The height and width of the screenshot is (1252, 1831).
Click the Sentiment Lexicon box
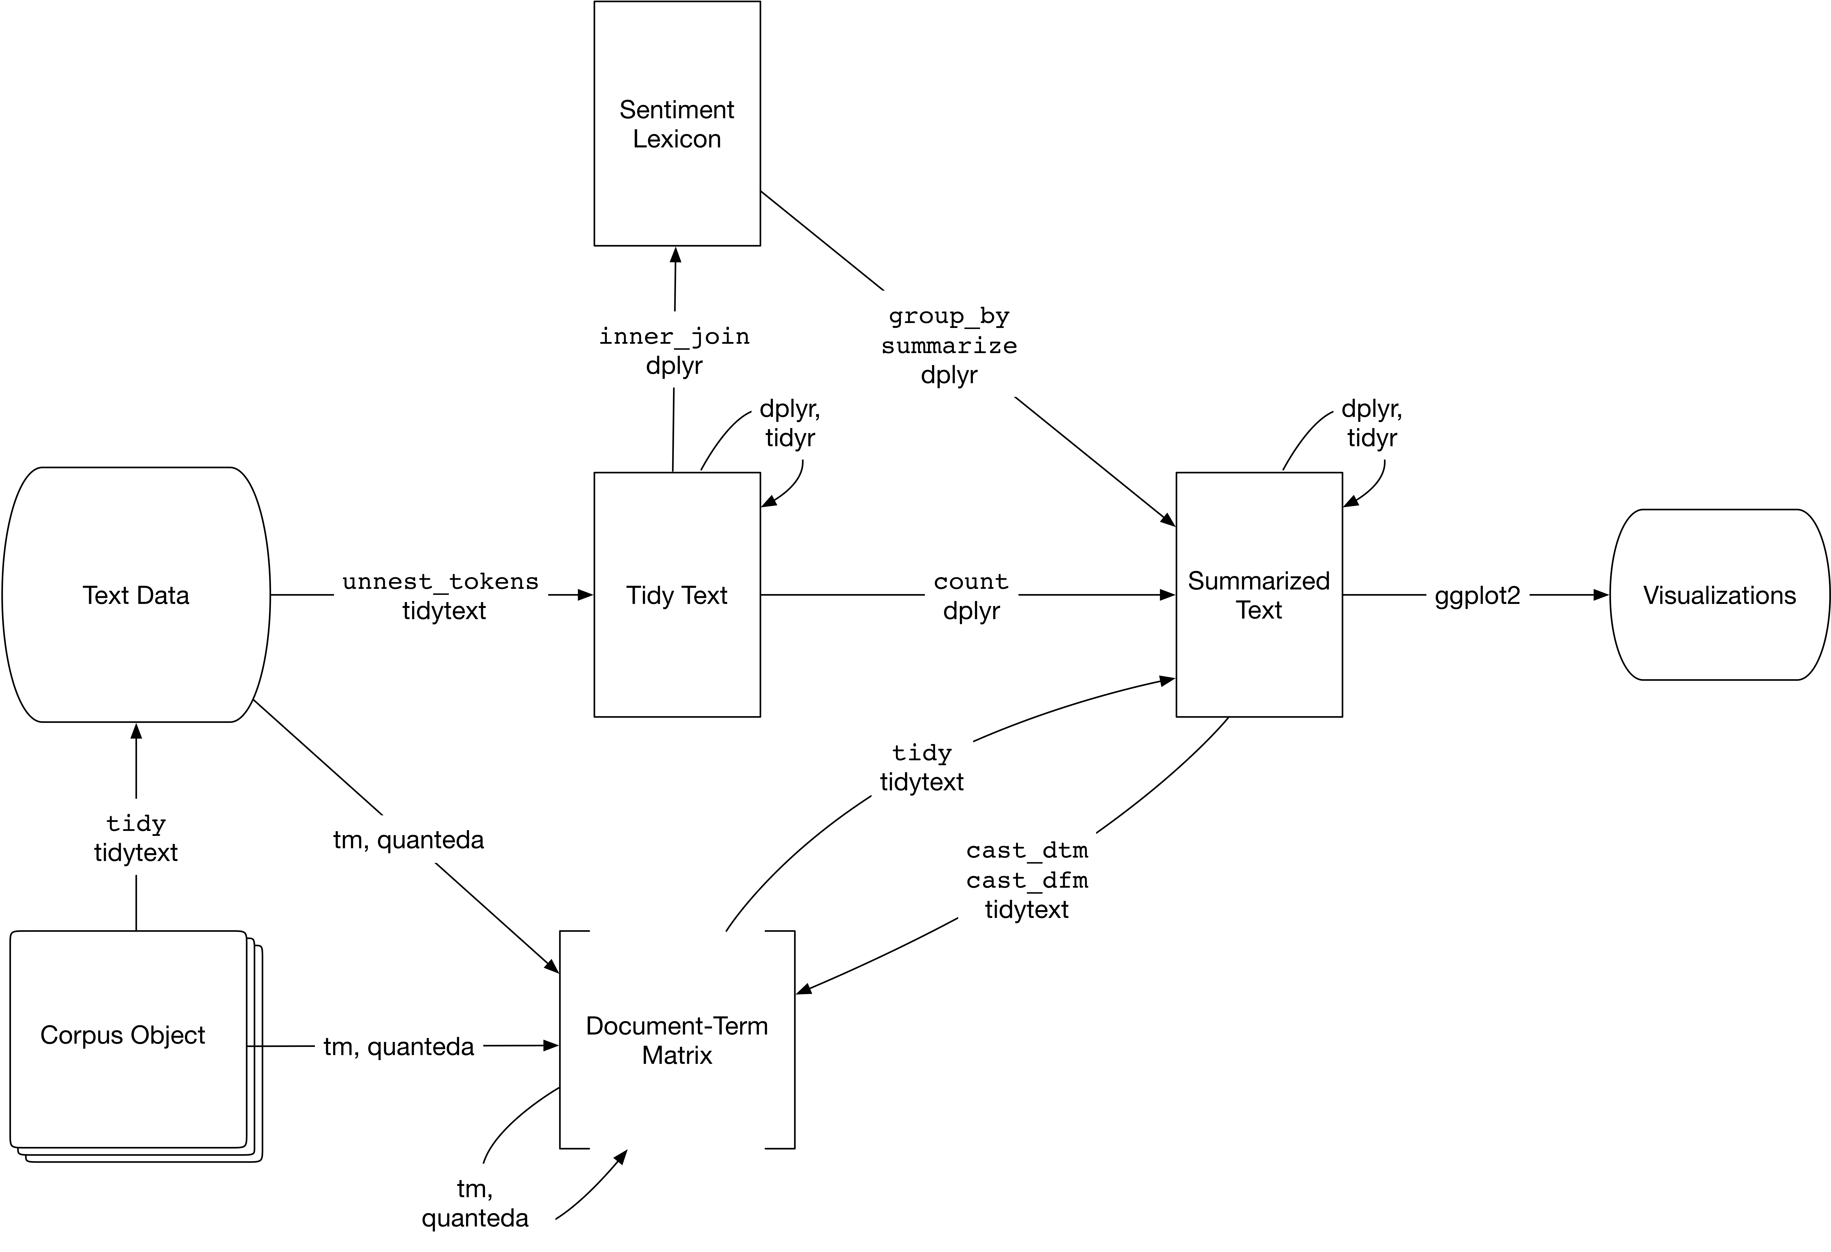[677, 124]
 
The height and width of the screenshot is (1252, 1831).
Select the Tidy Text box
[677, 595]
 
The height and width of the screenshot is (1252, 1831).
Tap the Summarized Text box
[1258, 595]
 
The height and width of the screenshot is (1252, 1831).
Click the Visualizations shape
[1719, 595]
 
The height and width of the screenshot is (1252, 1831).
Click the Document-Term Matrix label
[677, 1040]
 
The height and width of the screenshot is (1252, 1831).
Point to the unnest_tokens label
[440, 581]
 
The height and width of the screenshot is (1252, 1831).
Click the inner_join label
[674, 337]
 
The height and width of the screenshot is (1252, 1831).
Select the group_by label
[949, 316]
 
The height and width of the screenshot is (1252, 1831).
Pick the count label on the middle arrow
[971, 581]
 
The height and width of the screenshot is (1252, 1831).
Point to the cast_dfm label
[1027, 880]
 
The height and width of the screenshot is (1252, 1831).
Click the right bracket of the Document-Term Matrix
[793, 1040]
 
